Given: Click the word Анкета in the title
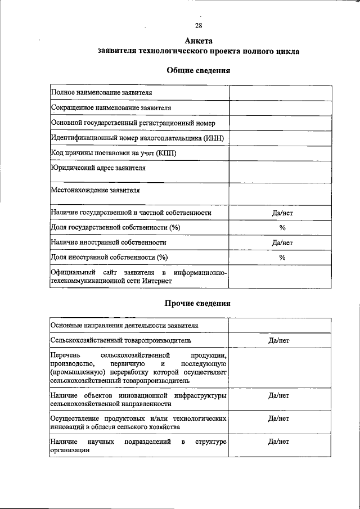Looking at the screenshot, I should [x=199, y=40].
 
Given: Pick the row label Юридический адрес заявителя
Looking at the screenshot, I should [x=98, y=168].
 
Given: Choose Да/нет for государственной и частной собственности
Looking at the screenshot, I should [x=282, y=213].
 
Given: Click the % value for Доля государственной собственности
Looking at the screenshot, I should [x=282, y=228].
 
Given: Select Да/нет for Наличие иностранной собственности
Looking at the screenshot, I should [x=282, y=243].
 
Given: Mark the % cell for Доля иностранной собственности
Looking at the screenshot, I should [x=282, y=258].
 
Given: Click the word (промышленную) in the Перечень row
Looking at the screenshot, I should [x=74, y=373].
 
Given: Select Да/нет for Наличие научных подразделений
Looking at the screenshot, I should [x=279, y=442].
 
